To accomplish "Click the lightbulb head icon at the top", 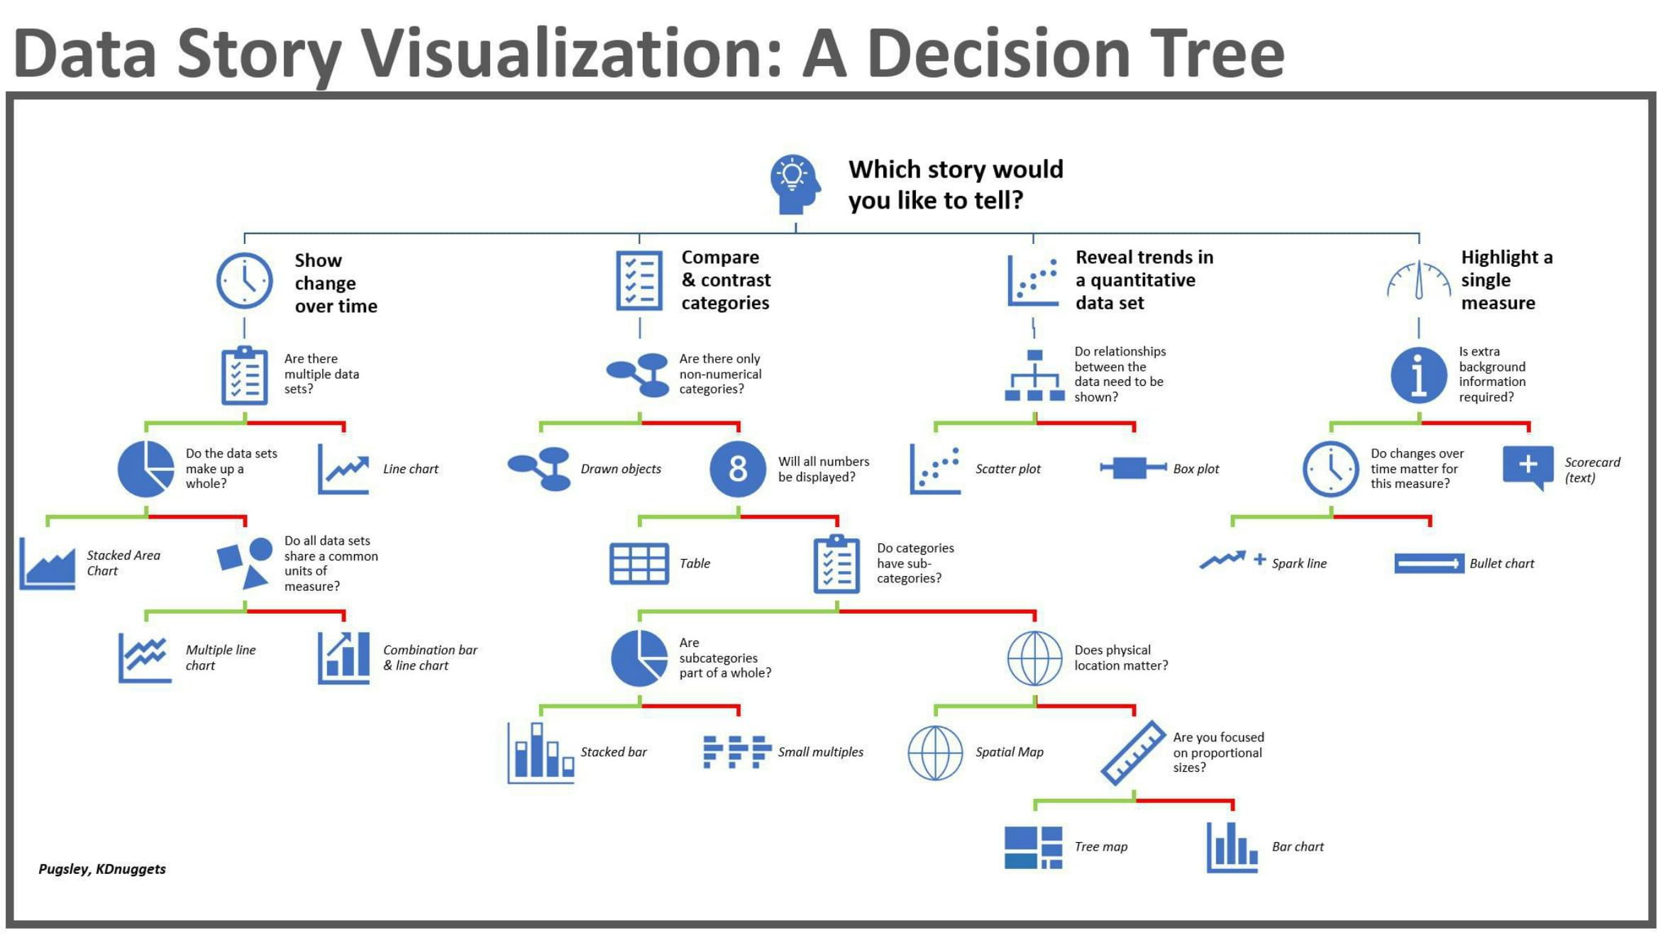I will coord(795,184).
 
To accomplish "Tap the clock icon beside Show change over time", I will coord(244,281).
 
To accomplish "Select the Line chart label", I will coord(410,469).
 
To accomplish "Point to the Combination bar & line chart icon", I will coord(344,658).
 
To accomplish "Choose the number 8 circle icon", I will coord(738,469).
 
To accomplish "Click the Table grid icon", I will coord(639,564).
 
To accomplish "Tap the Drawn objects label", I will coord(620,469).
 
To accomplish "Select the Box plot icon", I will coord(1132,468).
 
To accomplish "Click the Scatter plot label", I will coord(1007,469).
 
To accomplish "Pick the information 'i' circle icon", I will coord(1418,375).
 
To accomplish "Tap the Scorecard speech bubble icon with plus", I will coord(1527,467).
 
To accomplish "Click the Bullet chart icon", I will coord(1428,564).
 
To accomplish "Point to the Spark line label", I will coord(1298,563).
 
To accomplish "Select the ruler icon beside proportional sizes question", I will coord(1133,753).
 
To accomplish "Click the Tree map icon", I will coord(1033,847).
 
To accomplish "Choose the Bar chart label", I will coord(1297,846).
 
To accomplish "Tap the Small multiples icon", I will coord(737,752).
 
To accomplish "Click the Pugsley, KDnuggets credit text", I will coord(102,869).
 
